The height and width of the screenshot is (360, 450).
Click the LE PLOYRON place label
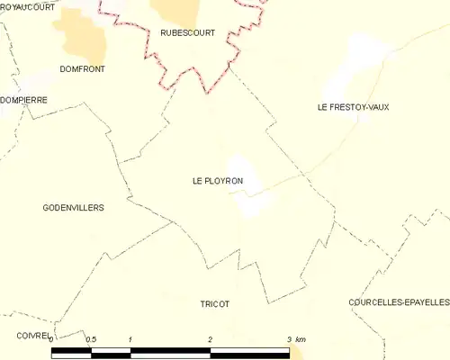(x=218, y=181)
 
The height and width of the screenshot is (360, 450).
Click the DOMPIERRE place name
(x=24, y=100)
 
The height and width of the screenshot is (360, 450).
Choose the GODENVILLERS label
(x=73, y=207)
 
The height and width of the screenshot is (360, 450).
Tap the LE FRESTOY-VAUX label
(x=353, y=107)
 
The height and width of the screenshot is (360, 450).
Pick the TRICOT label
(x=215, y=304)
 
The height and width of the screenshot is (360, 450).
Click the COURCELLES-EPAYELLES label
(x=399, y=303)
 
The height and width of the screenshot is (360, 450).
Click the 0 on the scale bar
(x=51, y=339)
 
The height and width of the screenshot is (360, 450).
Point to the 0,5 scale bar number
(x=90, y=339)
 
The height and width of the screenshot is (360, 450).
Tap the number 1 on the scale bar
(x=130, y=339)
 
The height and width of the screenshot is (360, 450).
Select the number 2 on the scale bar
(x=210, y=339)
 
